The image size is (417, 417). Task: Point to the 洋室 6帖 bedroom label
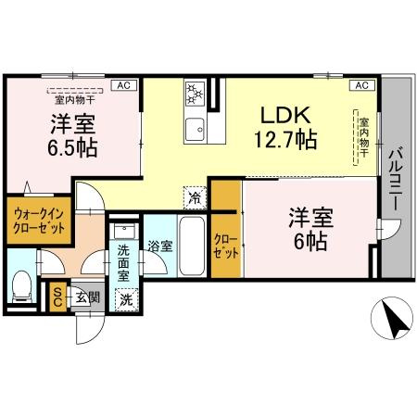(x=310, y=228)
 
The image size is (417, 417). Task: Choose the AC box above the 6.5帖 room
(x=122, y=85)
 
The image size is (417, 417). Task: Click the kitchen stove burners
(x=196, y=94)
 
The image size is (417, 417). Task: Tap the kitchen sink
(x=196, y=128)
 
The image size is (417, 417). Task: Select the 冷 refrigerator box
(x=195, y=196)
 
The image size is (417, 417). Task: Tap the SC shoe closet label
(x=57, y=297)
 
